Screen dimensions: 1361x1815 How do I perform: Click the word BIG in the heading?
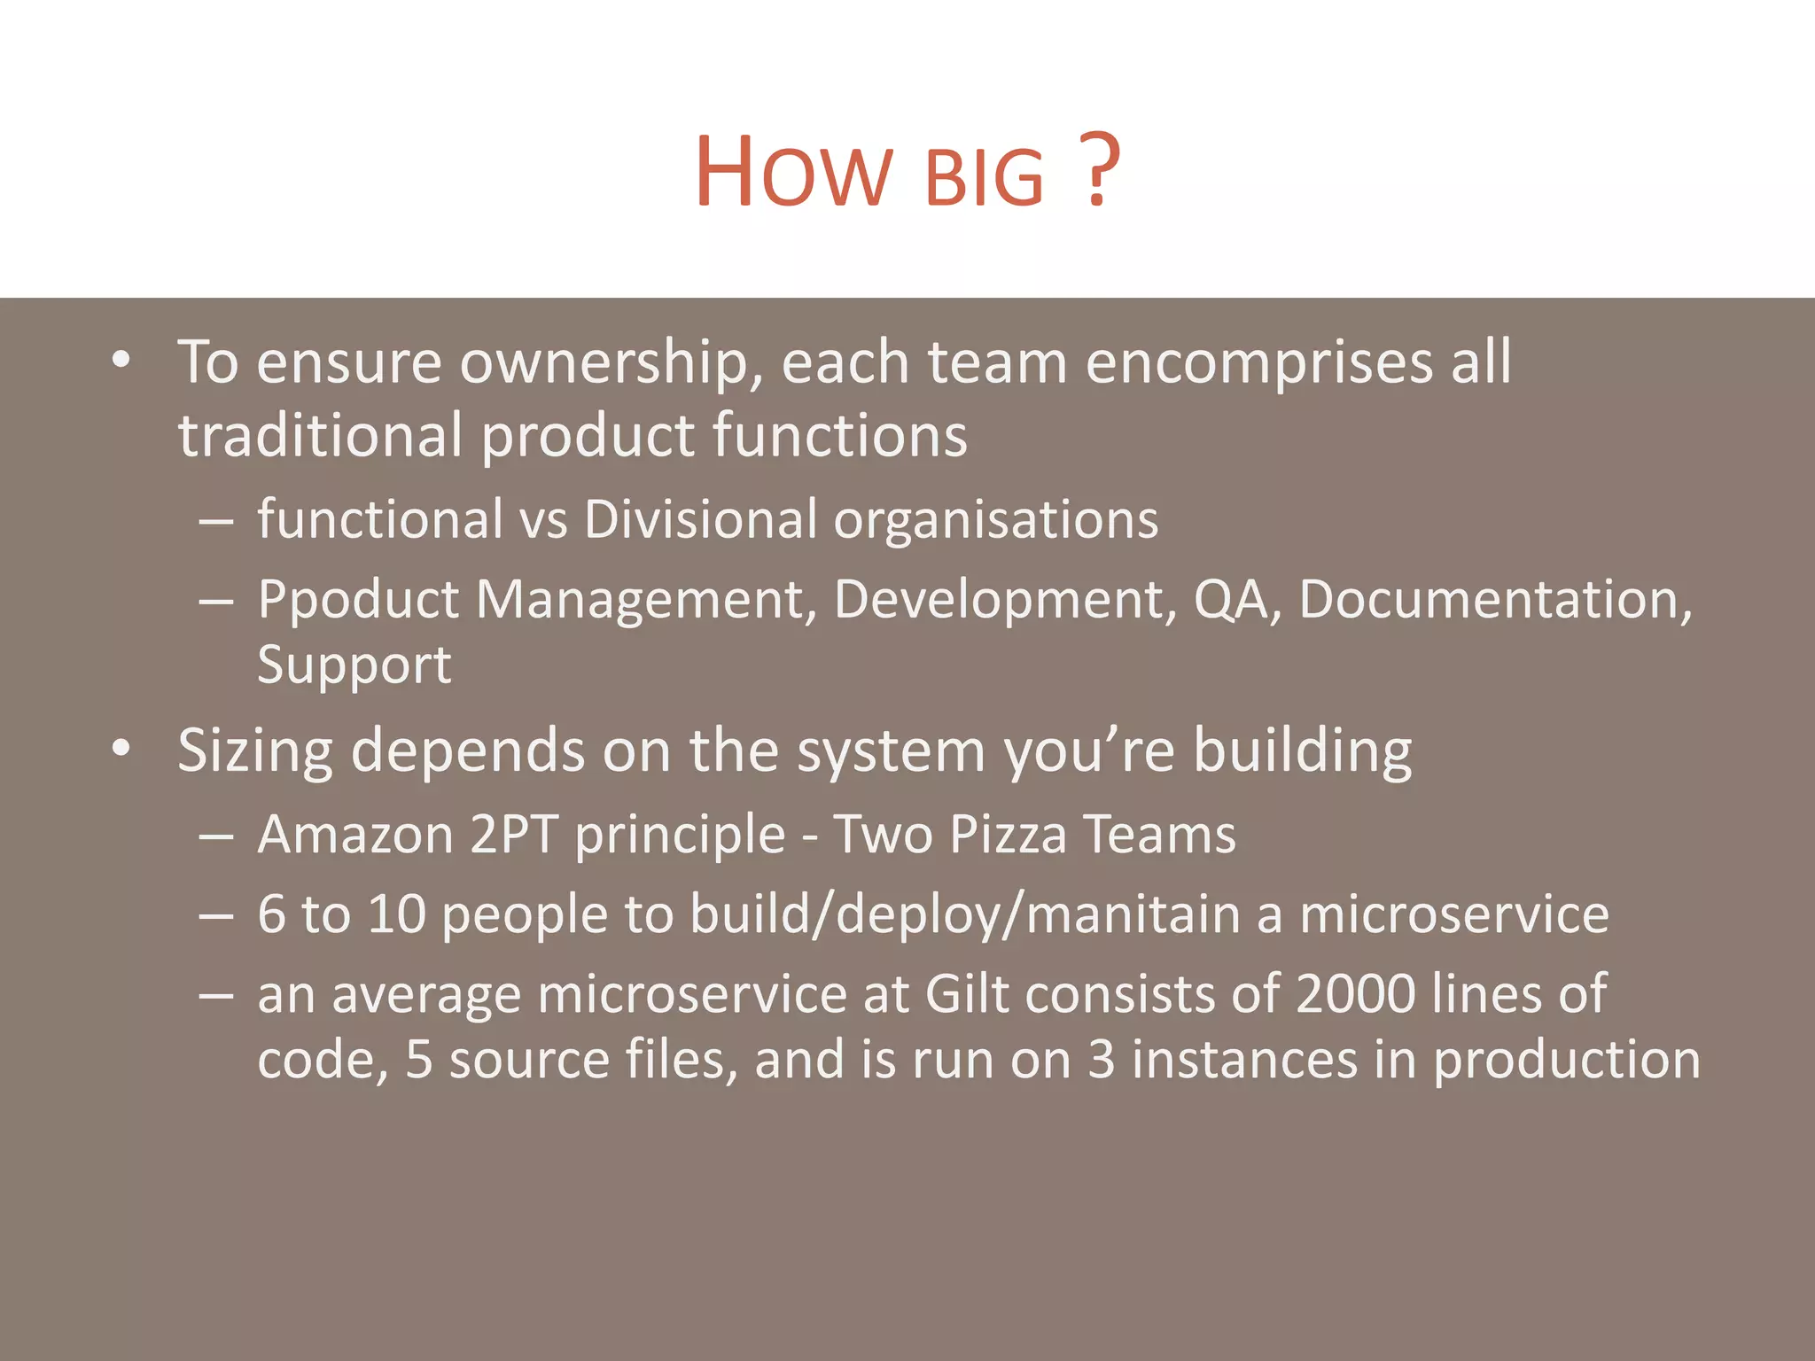point(984,178)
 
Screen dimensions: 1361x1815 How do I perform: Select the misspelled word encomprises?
point(1259,363)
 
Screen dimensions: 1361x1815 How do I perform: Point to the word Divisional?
point(700,519)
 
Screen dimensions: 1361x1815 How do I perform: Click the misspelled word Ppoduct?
point(358,601)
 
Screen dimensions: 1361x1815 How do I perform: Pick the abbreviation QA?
point(1232,601)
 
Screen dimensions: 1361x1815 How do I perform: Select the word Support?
point(354,665)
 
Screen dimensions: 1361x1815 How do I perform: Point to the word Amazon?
point(355,835)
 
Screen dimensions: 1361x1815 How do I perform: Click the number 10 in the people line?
point(397,914)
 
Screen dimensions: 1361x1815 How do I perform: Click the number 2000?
point(1356,994)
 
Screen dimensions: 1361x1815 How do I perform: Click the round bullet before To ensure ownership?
point(121,361)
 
